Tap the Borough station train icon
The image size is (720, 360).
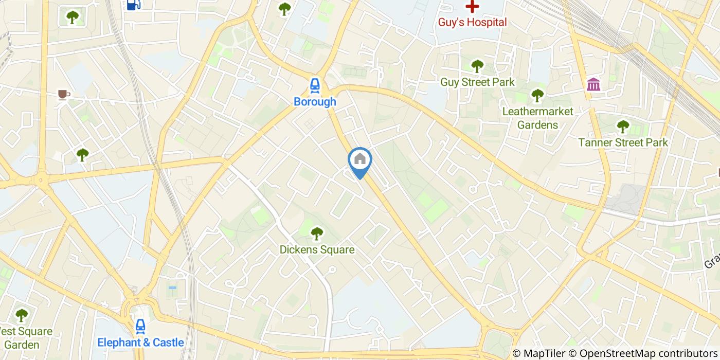315,85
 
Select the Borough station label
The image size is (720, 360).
315,102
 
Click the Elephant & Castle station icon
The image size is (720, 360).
140,326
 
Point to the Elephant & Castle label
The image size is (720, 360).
140,343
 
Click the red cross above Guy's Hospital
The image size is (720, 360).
472,7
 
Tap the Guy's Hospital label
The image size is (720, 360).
472,22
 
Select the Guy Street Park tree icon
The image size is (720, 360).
477,66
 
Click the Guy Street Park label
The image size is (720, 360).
477,82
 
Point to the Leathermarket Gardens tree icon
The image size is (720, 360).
537,95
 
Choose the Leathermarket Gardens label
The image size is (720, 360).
537,118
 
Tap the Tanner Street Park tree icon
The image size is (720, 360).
623,126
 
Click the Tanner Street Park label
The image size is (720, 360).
623,142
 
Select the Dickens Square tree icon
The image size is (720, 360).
317,233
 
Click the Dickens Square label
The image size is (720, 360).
317,250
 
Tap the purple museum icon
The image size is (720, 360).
593,84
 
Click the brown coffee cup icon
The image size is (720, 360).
63,94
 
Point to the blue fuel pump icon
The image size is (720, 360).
133,5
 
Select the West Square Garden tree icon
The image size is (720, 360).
22,315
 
